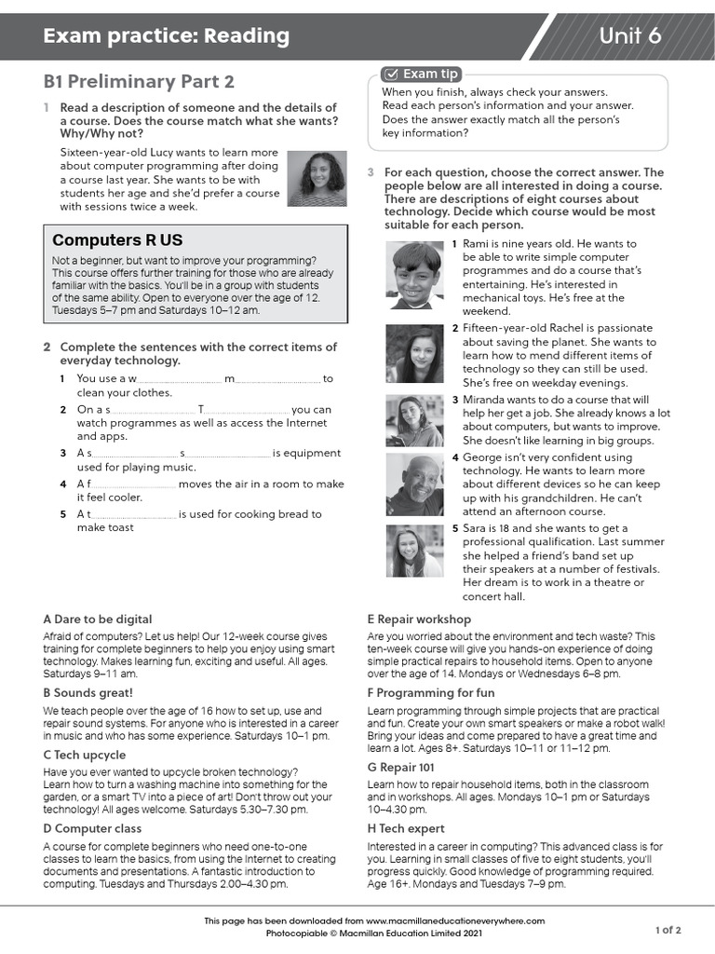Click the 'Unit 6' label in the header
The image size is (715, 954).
[630, 36]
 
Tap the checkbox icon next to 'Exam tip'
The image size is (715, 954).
[391, 74]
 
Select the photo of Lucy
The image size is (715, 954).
[317, 179]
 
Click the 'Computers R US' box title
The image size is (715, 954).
[117, 240]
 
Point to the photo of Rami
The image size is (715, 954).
[416, 275]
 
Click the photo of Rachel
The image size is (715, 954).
[414, 354]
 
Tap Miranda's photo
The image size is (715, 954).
[414, 421]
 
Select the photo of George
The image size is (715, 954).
[414, 484]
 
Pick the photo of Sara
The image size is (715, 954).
[414, 551]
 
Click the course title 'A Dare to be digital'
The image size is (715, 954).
[98, 619]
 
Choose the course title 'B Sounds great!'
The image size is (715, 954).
[88, 692]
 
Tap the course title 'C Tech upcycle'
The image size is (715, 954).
[86, 755]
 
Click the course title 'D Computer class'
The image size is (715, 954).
[92, 828]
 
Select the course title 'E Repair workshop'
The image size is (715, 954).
[419, 619]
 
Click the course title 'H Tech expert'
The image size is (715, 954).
[406, 828]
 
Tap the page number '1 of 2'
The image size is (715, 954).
[668, 930]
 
